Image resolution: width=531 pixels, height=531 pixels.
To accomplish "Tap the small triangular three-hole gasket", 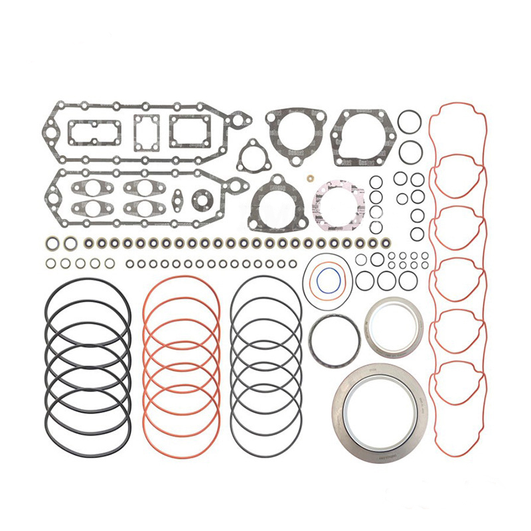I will pos(252,157).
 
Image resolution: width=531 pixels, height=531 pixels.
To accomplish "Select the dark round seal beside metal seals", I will pos(334,339).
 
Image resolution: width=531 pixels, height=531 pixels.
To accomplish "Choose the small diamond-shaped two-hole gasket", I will pos(178,198).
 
